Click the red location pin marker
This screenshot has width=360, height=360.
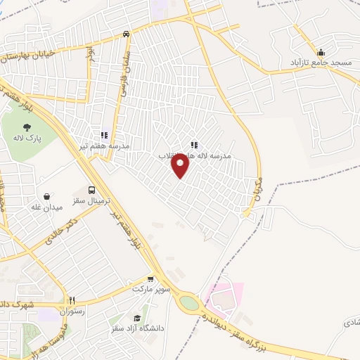coord(181,165)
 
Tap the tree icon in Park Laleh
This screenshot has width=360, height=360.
coord(27,128)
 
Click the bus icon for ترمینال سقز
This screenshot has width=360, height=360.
coord(92,190)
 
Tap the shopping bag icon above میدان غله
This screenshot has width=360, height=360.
coord(46,197)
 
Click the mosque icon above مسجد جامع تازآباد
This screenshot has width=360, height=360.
coord(321,52)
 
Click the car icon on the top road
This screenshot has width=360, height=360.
coord(126,34)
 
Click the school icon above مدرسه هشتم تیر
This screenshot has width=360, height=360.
coord(103,135)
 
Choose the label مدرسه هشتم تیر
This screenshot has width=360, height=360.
coord(104,146)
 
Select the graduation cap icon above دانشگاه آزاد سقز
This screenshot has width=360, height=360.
coord(136,319)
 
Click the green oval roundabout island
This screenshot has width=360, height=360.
coord(188,303)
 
